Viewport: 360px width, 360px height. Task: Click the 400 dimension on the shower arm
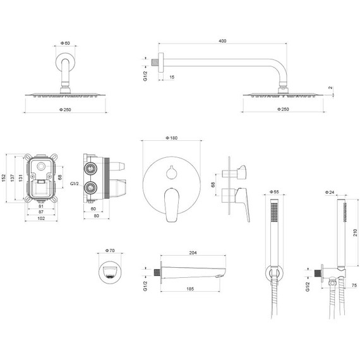(x=222, y=41)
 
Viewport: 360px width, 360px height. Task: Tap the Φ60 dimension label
(x=65, y=43)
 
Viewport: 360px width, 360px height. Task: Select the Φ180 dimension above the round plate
(x=172, y=138)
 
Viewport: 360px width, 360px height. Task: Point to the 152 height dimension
(x=3, y=178)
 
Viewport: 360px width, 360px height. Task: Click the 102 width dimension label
(x=41, y=219)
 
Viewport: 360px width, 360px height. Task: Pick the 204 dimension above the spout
(x=193, y=253)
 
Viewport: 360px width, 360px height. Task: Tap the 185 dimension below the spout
(x=190, y=289)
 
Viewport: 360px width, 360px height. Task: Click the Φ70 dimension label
(x=110, y=251)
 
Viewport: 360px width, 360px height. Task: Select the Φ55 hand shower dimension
(x=274, y=192)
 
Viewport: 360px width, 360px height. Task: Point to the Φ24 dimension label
(x=330, y=193)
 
